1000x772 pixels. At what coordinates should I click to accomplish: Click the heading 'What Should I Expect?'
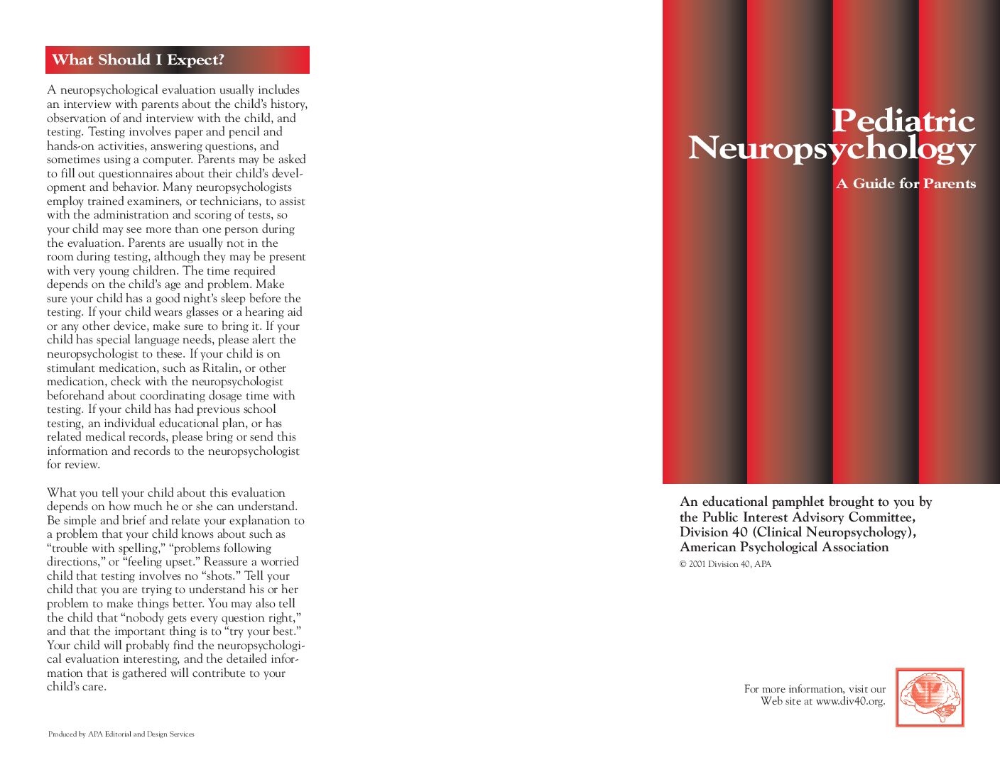point(138,60)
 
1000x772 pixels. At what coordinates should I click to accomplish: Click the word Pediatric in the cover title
point(903,121)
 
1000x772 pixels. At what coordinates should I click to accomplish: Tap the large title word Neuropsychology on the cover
point(832,148)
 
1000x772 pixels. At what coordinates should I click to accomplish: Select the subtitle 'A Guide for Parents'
point(906,184)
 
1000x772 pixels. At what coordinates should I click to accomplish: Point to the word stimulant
point(71,368)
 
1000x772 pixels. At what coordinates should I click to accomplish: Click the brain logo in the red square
point(930,697)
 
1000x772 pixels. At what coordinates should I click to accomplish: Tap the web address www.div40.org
point(850,702)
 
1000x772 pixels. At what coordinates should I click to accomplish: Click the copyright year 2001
point(697,565)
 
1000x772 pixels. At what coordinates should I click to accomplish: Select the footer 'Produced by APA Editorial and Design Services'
point(121,734)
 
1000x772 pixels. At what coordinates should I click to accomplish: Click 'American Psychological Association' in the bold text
point(784,547)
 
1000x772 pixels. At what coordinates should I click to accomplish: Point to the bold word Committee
point(881,517)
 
